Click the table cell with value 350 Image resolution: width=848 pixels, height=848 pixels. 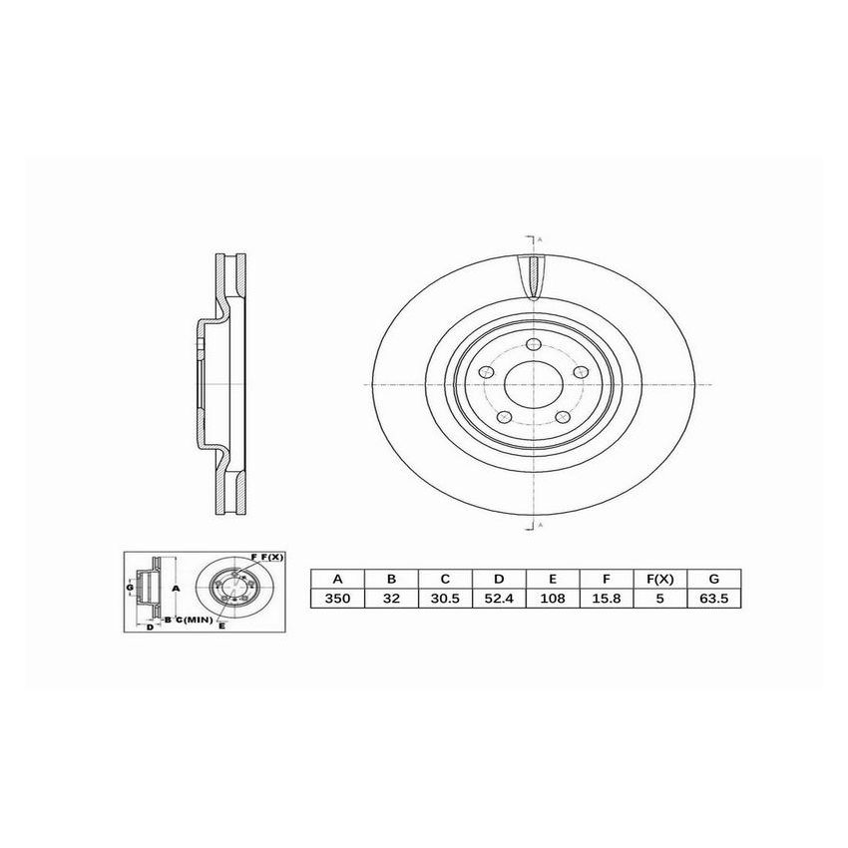click(337, 600)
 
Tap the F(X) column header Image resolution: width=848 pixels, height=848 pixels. click(659, 579)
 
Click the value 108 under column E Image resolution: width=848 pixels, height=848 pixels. click(553, 600)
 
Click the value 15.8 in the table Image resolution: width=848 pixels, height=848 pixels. click(607, 600)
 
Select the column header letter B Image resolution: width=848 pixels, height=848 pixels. click(391, 579)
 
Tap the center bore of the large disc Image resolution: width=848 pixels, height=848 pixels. click(533, 386)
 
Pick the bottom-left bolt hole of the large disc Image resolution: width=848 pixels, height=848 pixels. click(506, 416)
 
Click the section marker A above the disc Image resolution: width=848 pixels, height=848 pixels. click(540, 240)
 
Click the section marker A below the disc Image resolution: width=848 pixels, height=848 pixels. click(540, 525)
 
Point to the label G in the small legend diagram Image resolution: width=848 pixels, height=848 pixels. click(130, 589)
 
